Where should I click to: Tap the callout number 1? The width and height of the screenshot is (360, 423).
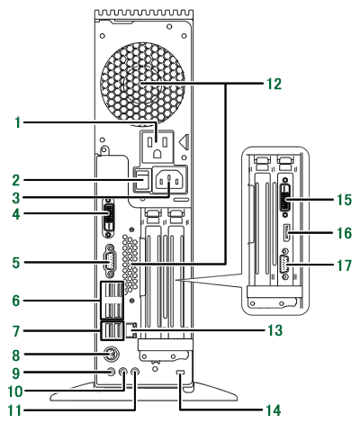pyautogui.click(x=18, y=122)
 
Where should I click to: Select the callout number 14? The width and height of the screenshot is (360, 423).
pyautogui.click(x=273, y=410)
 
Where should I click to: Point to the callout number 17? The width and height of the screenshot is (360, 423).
pyautogui.click(x=344, y=265)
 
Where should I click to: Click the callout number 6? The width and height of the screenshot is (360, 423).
pyautogui.click(x=16, y=301)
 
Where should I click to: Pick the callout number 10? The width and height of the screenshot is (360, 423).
pyautogui.click(x=15, y=391)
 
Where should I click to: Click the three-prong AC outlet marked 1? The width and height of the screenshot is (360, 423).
pyautogui.click(x=157, y=146)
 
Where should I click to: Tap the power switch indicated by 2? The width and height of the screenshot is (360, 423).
pyautogui.click(x=142, y=179)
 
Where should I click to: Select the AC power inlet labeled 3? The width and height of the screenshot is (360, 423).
pyautogui.click(x=169, y=181)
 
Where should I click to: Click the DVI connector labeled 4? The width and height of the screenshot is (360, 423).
pyautogui.click(x=109, y=218)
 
